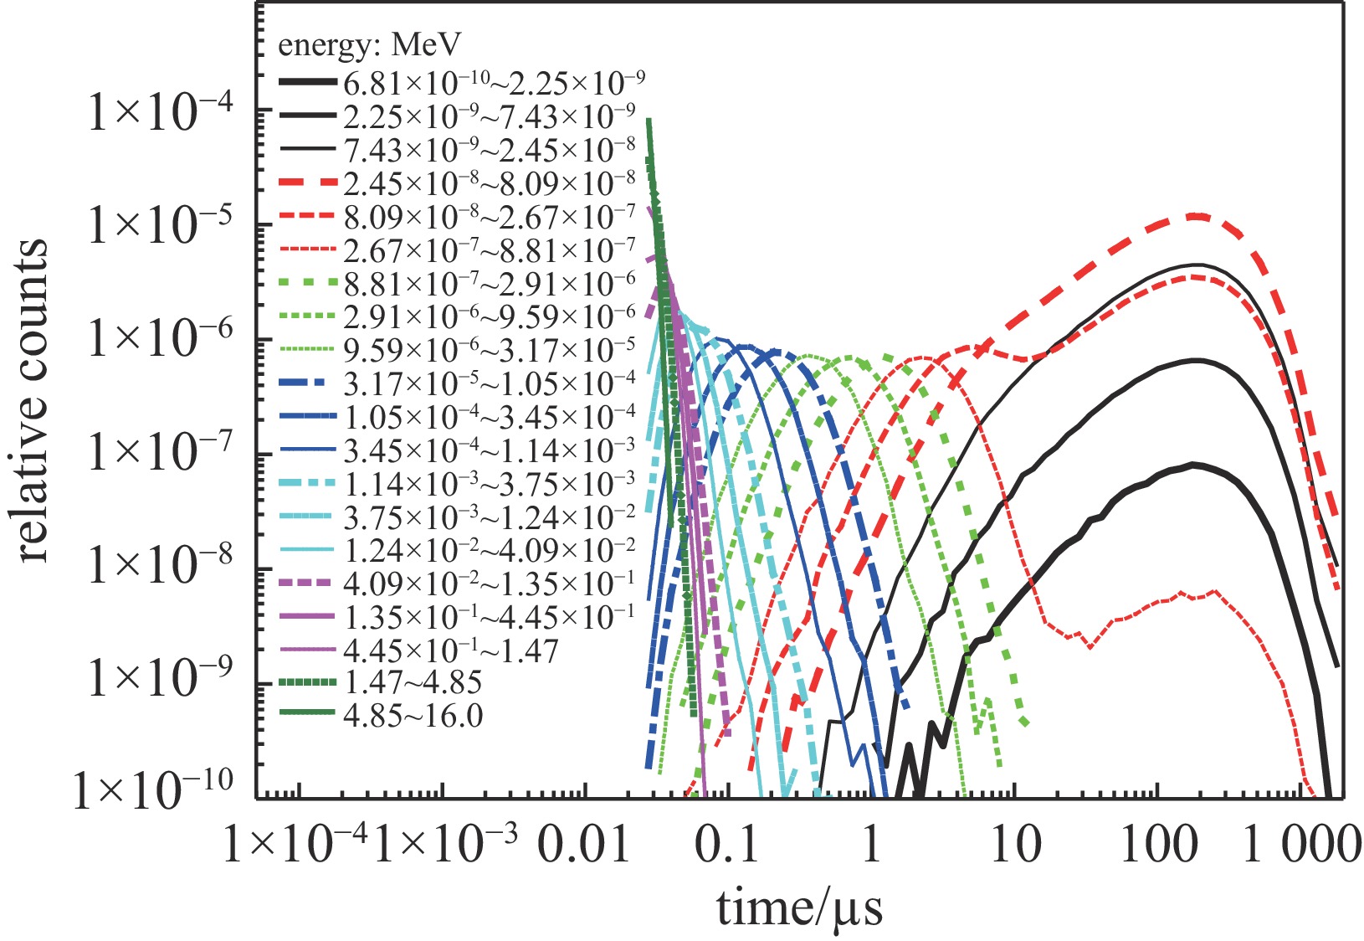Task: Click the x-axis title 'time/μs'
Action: click(x=799, y=908)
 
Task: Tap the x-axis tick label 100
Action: click(x=1159, y=846)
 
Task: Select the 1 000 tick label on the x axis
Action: click(x=1301, y=846)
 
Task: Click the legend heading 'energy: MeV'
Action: click(x=371, y=44)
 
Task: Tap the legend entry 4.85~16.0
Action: click(x=413, y=716)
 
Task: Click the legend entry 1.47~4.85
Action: click(x=413, y=682)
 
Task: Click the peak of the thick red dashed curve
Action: click(x=1198, y=216)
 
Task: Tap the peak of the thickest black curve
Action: click(x=1195, y=464)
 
